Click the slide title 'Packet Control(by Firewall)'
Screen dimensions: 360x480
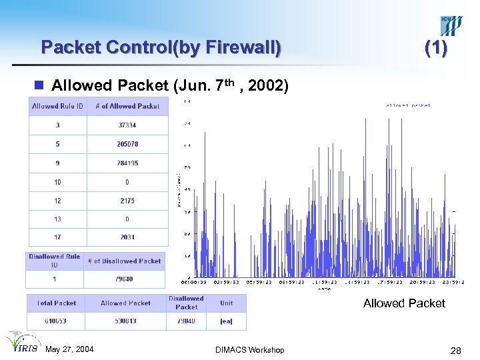tap(161, 47)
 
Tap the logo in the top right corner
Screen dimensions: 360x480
tap(451, 25)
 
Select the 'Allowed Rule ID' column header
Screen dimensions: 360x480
tap(58, 106)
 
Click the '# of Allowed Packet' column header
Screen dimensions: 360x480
tap(127, 106)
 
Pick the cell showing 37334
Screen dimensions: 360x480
tap(127, 125)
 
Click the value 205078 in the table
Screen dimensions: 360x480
tap(127, 144)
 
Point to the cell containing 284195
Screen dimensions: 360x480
tap(127, 163)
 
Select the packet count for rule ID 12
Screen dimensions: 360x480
tap(127, 201)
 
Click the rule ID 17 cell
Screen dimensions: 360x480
tap(58, 237)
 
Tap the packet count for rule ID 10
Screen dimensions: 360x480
tap(127, 182)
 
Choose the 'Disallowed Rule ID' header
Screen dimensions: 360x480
tap(55, 261)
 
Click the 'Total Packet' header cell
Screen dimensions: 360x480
tap(57, 303)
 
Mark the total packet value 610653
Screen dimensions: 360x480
tap(57, 321)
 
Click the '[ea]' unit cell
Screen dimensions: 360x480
tap(227, 321)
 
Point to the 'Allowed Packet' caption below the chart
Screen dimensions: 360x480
tap(404, 303)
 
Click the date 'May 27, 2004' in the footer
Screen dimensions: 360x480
tap(69, 350)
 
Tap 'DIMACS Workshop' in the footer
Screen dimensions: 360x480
tap(250, 350)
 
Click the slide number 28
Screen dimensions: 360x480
tap(456, 350)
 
